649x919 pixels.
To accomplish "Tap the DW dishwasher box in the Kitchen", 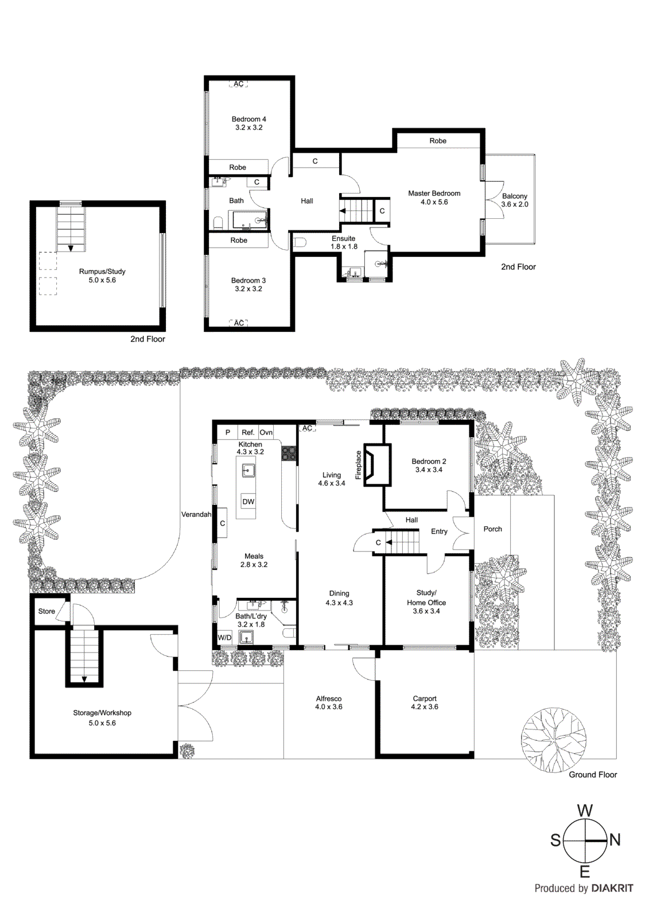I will point(248,501).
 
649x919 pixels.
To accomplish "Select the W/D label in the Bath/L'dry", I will point(224,638).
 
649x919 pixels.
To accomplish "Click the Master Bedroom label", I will point(434,198).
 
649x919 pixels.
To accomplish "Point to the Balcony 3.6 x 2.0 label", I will point(514,200).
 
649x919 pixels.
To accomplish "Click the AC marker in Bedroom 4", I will point(239,84).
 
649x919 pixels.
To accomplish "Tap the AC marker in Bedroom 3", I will point(239,323).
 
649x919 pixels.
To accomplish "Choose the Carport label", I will point(424,702).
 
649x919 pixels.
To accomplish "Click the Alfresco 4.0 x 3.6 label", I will point(328,702).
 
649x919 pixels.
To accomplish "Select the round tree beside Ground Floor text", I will point(554,740).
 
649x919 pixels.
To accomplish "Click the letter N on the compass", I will point(615,840).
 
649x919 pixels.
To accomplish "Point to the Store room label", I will point(46,611).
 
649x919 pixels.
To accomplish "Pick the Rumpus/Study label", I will point(102,276).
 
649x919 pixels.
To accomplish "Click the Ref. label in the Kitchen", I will point(248,432).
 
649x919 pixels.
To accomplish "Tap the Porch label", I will point(492,529).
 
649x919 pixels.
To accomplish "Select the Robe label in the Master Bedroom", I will point(438,141).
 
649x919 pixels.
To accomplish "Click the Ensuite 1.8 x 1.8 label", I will point(344,242).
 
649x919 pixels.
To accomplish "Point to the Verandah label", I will point(196,514).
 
